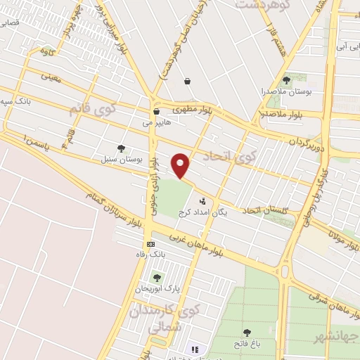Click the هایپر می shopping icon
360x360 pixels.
[157, 111]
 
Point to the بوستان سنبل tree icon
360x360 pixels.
[121, 148]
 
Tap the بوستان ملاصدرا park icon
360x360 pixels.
[286, 80]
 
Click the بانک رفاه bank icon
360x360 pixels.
[150, 244]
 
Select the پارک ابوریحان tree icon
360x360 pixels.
[156, 277]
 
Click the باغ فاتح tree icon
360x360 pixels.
[247, 333]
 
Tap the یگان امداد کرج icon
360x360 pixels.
[204, 200]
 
